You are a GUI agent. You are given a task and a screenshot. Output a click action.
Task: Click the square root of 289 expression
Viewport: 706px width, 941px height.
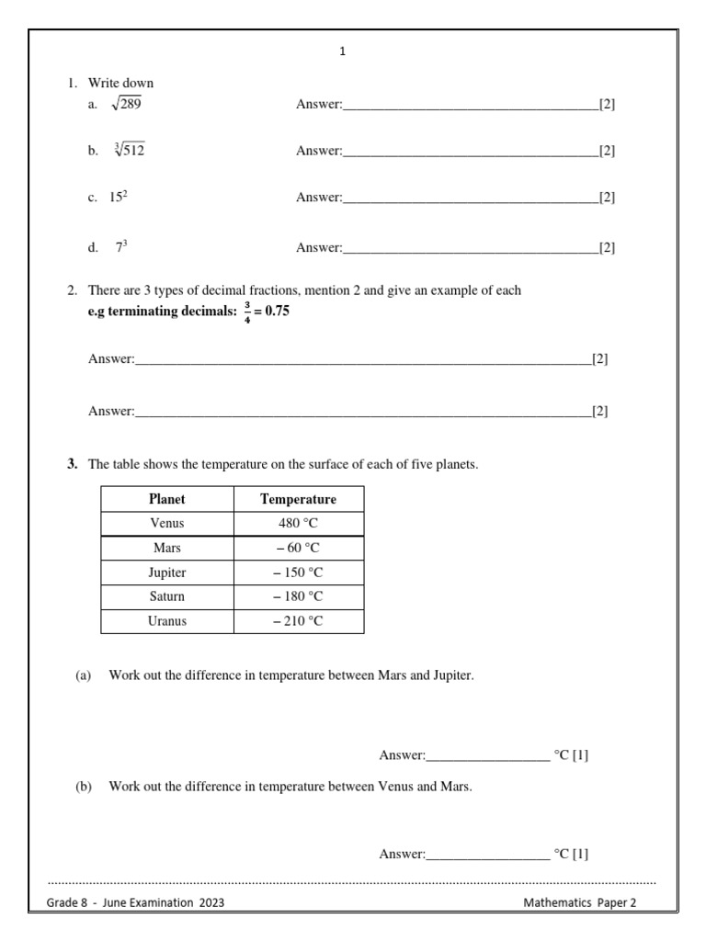126,105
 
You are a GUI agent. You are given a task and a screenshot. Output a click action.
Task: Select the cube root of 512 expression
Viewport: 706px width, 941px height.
129,151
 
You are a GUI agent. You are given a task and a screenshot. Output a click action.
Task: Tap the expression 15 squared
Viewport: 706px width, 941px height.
119,197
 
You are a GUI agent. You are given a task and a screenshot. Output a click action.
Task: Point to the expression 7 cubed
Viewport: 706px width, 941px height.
120,247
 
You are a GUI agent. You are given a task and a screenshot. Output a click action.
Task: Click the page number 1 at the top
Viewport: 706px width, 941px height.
343,52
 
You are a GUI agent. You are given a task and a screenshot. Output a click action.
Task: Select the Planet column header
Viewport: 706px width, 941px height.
166,499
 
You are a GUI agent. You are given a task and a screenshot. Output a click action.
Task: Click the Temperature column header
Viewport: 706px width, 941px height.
298,499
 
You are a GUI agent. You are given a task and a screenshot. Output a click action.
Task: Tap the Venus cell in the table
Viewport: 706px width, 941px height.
166,523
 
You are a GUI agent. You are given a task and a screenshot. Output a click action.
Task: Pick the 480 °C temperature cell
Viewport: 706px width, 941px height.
298,523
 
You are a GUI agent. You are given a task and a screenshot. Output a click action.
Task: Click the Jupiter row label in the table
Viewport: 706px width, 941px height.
166,573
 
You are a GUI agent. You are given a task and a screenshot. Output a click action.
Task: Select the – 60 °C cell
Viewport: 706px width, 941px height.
298,548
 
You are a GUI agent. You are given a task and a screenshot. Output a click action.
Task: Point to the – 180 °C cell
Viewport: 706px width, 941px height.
298,596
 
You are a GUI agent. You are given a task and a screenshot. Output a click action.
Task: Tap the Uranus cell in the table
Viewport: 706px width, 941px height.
166,621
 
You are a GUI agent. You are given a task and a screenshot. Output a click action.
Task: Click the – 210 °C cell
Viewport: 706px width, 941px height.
298,621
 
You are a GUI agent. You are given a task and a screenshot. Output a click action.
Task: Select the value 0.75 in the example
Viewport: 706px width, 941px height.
277,311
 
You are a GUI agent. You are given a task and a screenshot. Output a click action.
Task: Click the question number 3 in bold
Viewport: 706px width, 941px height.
71,464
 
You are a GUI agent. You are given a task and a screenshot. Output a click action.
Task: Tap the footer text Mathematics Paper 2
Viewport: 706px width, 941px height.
579,902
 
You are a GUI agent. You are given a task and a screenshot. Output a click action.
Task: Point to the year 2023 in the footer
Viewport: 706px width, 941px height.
210,902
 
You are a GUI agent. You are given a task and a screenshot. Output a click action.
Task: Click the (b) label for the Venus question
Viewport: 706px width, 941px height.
84,786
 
